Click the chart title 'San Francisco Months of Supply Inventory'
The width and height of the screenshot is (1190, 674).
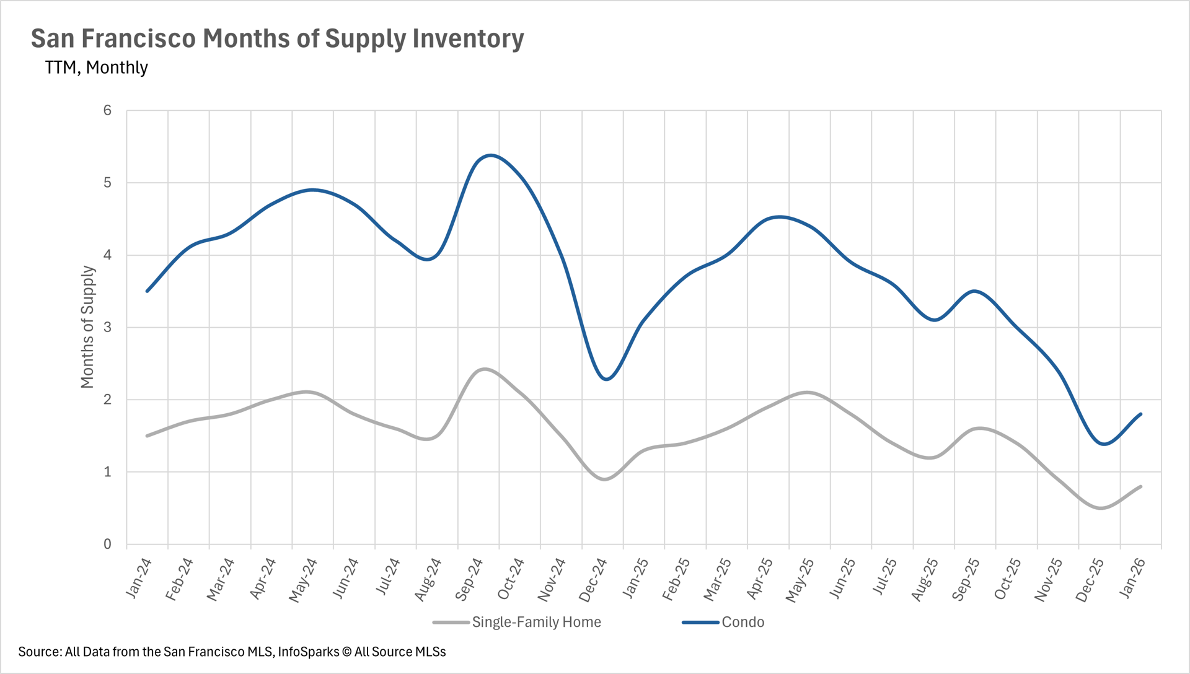point(277,38)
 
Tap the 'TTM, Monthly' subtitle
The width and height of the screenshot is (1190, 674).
point(96,67)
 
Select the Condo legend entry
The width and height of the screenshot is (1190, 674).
point(742,622)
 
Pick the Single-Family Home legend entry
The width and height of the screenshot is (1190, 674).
point(536,622)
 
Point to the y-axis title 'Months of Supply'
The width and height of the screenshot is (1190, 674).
point(87,327)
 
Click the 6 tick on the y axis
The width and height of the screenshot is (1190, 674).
point(108,110)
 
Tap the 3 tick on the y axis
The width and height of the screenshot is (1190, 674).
point(108,327)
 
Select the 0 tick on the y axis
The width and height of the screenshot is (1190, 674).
point(108,544)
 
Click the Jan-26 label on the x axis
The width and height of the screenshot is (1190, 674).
point(1132,579)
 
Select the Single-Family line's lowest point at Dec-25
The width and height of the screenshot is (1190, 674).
point(1101,508)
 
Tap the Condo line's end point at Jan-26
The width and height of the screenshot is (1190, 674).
point(1140,414)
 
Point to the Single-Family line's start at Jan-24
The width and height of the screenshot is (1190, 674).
point(147,436)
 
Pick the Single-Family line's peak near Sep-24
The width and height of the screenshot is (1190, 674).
point(485,369)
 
